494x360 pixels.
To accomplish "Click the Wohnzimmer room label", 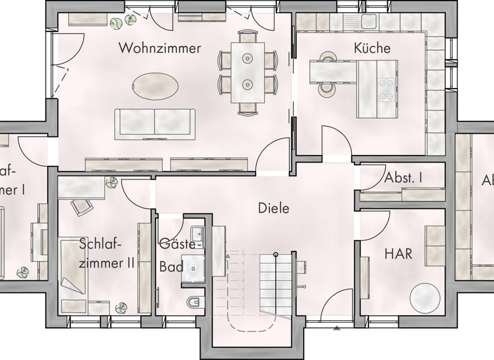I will click(160, 48).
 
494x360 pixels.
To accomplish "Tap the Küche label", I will click(372, 48).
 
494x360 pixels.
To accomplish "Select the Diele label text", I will click(273, 208).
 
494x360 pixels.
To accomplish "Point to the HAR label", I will click(398, 254).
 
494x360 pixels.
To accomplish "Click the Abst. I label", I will click(403, 178).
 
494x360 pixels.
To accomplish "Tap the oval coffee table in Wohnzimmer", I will click(156, 84).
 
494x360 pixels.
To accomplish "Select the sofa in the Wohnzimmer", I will click(155, 123).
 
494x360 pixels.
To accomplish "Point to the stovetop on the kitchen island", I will click(387, 89).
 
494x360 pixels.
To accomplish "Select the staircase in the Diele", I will click(275, 283).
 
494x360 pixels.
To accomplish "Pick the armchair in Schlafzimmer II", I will click(83, 206).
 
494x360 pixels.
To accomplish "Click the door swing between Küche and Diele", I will click(334, 142).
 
